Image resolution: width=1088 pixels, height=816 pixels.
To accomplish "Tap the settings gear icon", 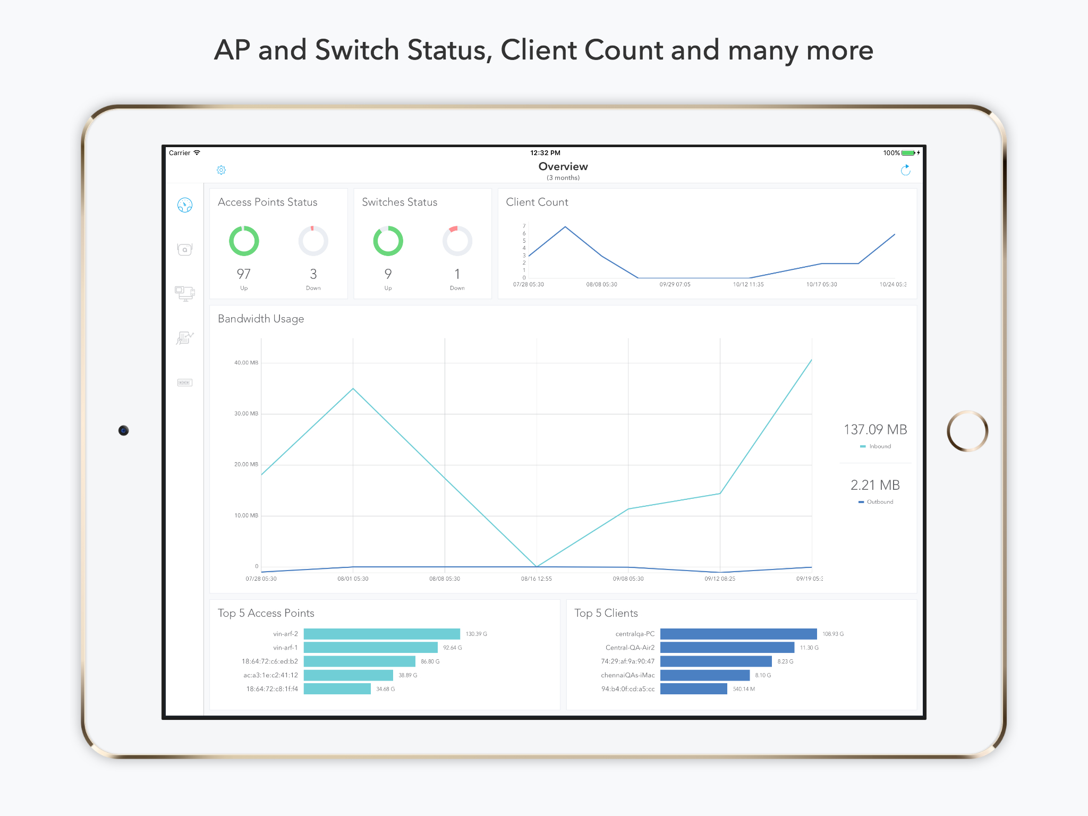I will click(x=222, y=170).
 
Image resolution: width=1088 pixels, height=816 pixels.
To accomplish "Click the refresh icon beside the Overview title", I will click(x=906, y=170).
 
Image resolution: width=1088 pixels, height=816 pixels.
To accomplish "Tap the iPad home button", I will click(x=967, y=431).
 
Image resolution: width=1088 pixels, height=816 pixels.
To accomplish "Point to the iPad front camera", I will click(x=124, y=430).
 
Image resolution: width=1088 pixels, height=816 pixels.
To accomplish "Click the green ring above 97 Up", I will click(x=244, y=241).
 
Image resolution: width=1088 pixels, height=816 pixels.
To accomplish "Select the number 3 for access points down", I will click(x=313, y=274).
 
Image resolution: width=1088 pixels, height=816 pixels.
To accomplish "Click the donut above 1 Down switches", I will click(x=457, y=241).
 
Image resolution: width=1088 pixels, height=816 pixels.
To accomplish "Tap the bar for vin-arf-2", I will click(x=381, y=634).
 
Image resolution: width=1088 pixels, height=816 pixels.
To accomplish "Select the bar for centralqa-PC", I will click(x=738, y=634).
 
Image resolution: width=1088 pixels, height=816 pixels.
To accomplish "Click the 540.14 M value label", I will click(x=744, y=689).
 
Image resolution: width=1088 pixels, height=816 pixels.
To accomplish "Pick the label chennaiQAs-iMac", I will click(x=627, y=675).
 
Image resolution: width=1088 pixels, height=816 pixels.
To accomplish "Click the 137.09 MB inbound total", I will click(x=875, y=430).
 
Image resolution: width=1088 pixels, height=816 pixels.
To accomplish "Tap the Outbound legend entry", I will click(x=876, y=502).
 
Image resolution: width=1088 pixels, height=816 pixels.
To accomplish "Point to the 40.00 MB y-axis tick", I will click(x=246, y=363).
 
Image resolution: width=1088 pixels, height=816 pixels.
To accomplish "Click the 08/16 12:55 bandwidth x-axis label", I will click(x=536, y=579).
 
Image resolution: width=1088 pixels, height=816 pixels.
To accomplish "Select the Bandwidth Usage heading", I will click(x=261, y=319).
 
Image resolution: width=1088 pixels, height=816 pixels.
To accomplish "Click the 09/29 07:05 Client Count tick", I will click(x=675, y=285).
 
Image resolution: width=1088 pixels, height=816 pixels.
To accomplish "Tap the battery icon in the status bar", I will click(x=908, y=153).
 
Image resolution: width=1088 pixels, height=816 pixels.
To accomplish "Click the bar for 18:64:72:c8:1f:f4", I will click(x=337, y=689).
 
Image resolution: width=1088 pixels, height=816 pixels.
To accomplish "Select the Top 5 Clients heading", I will click(x=606, y=613).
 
